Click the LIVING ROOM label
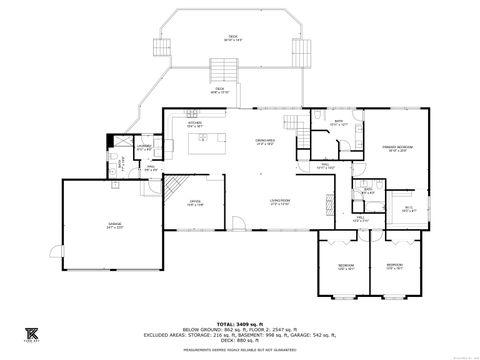click(x=279, y=203)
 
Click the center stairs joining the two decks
click(x=223, y=70)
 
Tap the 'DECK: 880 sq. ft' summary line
click(x=239, y=343)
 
